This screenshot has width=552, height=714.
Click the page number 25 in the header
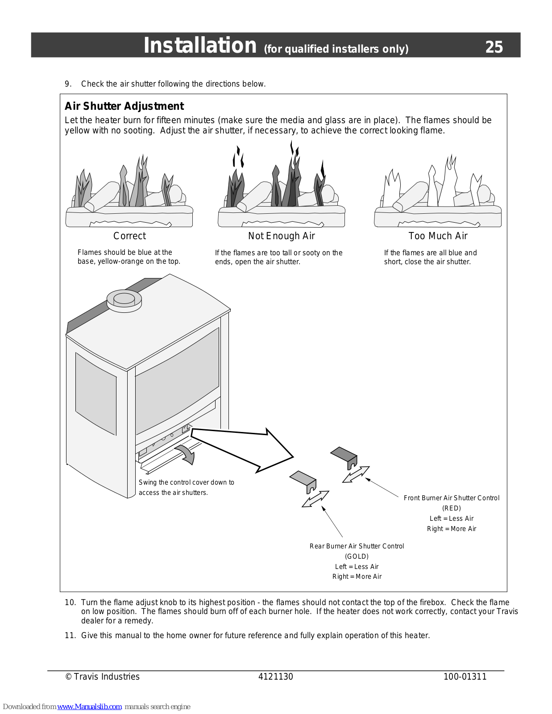(494, 47)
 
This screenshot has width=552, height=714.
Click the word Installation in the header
(200, 46)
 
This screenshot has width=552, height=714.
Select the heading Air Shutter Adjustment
(124, 106)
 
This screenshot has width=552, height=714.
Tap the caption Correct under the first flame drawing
(129, 236)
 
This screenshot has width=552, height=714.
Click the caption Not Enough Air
(281, 236)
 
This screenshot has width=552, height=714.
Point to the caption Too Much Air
(438, 236)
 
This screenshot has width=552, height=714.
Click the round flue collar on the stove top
(124, 299)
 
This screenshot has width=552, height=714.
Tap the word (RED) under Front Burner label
(451, 508)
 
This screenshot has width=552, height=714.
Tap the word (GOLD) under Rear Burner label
(357, 556)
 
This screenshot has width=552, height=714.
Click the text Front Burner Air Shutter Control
(451, 498)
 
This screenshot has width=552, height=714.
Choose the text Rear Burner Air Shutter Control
(357, 546)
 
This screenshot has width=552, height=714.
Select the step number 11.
(70, 635)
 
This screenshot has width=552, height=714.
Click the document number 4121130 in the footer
(275, 677)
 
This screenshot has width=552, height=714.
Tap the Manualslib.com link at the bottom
(89, 707)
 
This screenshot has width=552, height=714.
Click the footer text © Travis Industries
(102, 677)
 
